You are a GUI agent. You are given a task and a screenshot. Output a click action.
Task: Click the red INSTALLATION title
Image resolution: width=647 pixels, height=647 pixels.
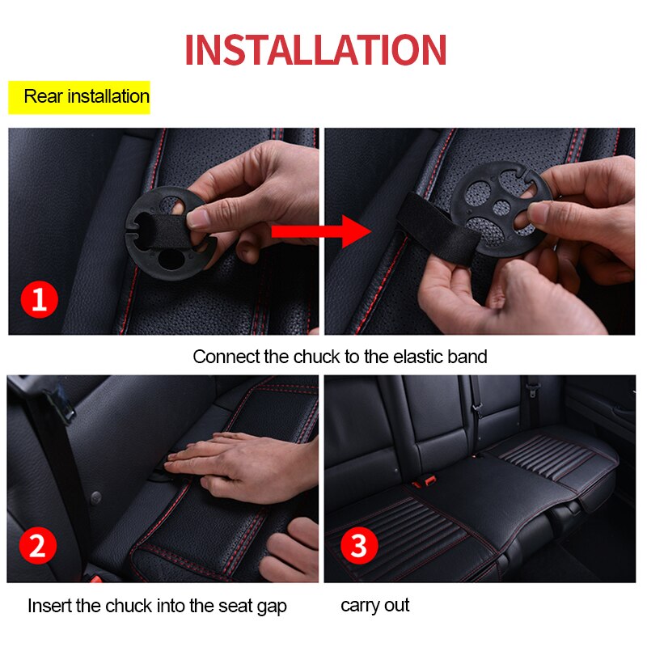[x=315, y=50]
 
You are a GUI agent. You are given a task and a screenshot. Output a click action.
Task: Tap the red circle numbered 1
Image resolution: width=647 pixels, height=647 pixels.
[x=39, y=301]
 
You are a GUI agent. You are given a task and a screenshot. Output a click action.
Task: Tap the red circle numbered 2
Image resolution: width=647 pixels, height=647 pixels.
[x=37, y=547]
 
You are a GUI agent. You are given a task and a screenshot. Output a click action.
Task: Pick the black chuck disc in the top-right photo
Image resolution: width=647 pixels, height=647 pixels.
[x=497, y=212]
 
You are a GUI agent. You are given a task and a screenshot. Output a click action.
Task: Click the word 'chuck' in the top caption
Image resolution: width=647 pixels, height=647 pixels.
[x=319, y=357]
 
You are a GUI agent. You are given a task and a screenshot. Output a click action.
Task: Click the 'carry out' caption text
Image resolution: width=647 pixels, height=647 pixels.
[x=375, y=605]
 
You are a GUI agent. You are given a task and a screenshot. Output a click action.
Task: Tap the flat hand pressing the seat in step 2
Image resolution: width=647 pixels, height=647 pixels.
[x=235, y=457]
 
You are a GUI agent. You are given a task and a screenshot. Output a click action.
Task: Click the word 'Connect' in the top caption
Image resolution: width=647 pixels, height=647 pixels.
[x=226, y=357]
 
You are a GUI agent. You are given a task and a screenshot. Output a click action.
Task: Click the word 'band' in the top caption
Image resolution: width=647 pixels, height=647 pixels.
[x=468, y=357]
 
